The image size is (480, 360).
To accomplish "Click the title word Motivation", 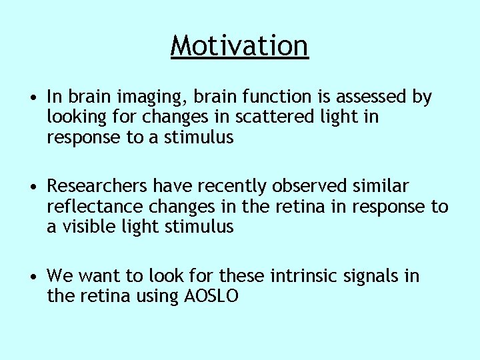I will [239, 46].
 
